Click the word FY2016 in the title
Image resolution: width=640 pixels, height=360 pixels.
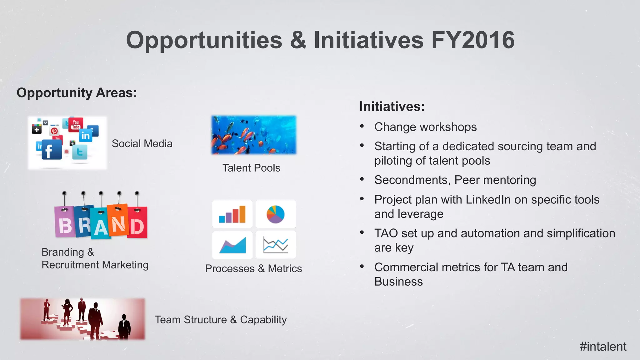(x=472, y=40)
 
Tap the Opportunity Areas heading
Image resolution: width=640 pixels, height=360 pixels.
(x=77, y=93)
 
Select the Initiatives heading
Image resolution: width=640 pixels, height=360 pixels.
(x=392, y=107)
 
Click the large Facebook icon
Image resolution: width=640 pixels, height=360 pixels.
(x=51, y=150)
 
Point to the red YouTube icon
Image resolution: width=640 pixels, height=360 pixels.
(x=76, y=124)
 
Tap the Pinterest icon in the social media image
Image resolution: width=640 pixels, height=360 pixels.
(x=54, y=131)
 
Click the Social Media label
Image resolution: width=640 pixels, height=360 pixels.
(x=142, y=144)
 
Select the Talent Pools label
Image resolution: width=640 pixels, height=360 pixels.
(x=251, y=168)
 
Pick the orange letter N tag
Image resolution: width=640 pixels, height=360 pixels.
(x=118, y=222)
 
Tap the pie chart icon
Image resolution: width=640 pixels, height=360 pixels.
(x=275, y=214)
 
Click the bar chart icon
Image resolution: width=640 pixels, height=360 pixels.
(x=232, y=214)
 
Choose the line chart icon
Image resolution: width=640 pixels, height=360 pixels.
(x=275, y=245)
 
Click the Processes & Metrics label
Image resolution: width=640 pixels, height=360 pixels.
(x=253, y=269)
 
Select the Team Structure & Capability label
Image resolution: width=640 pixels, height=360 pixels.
(x=221, y=320)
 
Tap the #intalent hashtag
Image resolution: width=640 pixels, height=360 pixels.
(x=603, y=347)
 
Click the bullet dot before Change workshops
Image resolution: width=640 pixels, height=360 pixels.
(x=362, y=126)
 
